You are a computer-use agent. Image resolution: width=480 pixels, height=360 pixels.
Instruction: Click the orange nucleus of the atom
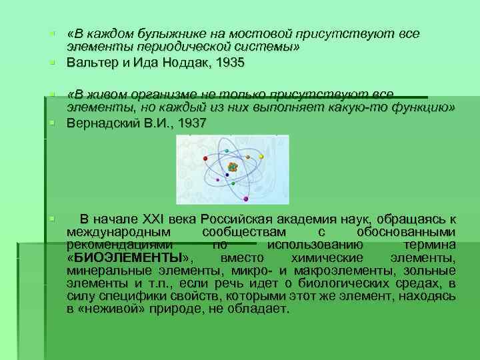click(x=232, y=166)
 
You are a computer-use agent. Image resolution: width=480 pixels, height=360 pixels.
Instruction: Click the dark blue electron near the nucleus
click(x=227, y=175)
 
